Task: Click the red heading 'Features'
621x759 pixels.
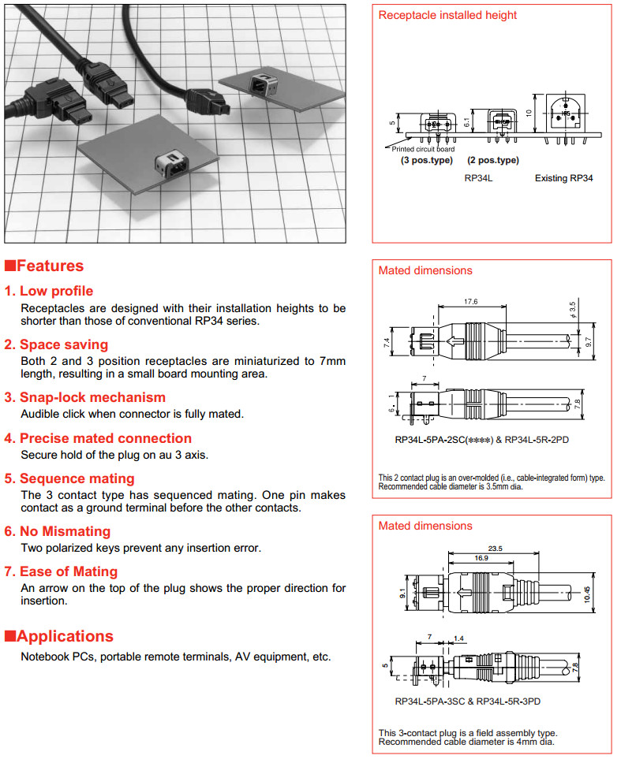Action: coord(49,266)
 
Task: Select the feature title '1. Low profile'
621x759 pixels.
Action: coord(56,291)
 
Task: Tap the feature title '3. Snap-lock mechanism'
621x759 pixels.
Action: coord(92,397)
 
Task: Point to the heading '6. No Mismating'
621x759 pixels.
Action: coord(65,531)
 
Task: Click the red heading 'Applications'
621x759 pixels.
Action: coord(64,636)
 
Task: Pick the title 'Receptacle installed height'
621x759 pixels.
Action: coord(447,15)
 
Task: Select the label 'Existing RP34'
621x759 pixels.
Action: coord(563,178)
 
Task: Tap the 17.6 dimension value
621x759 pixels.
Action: coord(471,302)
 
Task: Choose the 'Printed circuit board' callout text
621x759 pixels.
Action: coord(423,149)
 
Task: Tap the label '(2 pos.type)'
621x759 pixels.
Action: coord(492,160)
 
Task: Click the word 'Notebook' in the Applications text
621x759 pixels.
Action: coord(43,657)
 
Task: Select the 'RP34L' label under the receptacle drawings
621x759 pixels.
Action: coord(478,178)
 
